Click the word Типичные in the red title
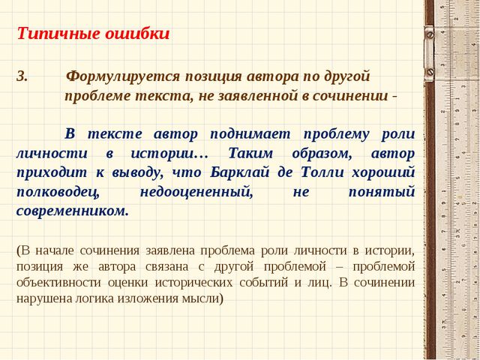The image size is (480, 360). [x=58, y=34]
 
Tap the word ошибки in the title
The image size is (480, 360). [x=137, y=34]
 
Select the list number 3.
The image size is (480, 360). [x=22, y=76]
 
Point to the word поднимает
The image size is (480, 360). [x=250, y=134]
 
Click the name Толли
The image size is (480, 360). [x=323, y=172]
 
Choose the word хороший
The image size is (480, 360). [x=383, y=173]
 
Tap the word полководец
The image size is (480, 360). [x=58, y=193]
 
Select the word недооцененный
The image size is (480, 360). [x=196, y=193]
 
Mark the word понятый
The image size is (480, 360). [x=382, y=192]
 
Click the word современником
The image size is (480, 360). [x=73, y=211]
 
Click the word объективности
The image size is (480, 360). [x=58, y=282]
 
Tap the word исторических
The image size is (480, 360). [x=193, y=283]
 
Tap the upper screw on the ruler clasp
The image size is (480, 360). [x=430, y=35]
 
